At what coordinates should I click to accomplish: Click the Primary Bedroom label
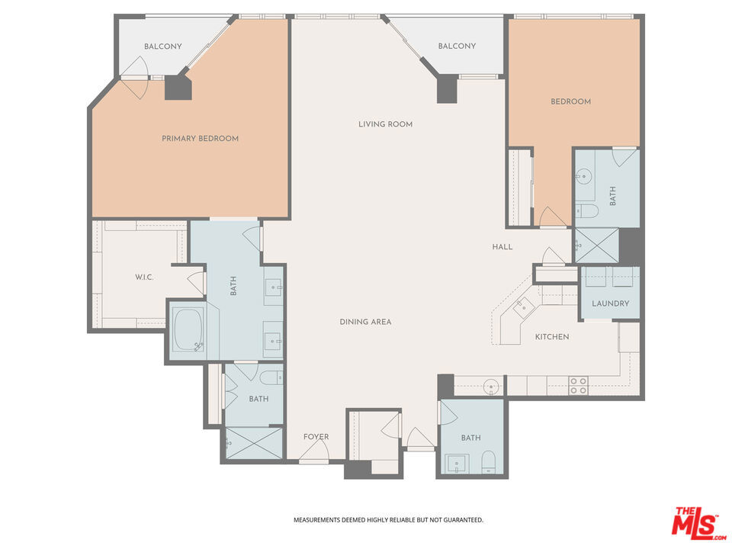[x=200, y=139]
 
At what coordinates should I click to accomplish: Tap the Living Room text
[x=385, y=124]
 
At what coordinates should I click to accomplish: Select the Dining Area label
[x=365, y=322]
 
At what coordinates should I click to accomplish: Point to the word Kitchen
[x=551, y=337]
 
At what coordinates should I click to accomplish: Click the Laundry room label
[x=611, y=303]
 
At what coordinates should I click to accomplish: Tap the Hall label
[x=502, y=247]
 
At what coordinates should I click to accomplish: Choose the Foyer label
[x=316, y=437]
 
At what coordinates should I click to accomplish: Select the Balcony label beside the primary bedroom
[x=163, y=47]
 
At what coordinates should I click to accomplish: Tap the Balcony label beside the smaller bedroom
[x=457, y=47]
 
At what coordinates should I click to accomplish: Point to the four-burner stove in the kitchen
[x=578, y=386]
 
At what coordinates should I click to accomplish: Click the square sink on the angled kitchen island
[x=523, y=307]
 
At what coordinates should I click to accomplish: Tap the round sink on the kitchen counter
[x=492, y=384]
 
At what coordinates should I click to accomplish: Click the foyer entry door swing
[x=313, y=454]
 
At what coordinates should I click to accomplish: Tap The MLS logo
[x=695, y=522]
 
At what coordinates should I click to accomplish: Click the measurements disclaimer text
[x=388, y=520]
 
